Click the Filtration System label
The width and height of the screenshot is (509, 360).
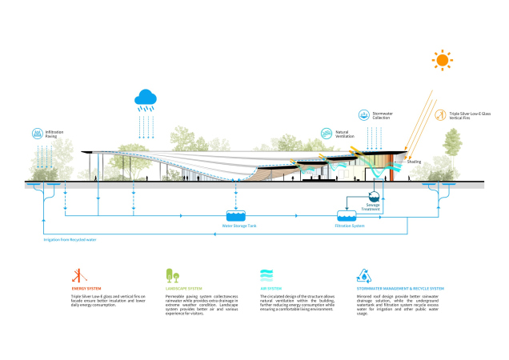pos(348,226)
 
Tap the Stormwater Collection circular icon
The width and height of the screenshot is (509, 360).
pos(365,115)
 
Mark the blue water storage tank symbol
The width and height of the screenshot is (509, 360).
pos(236,216)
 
